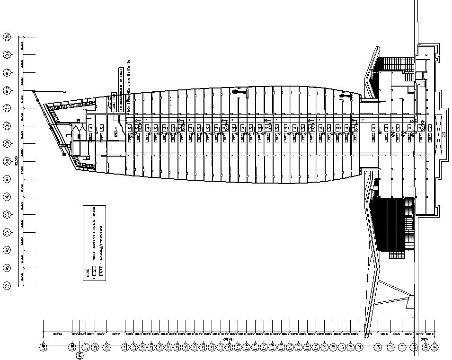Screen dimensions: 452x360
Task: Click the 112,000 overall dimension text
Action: (17, 161)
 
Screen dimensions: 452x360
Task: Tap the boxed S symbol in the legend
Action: (95, 270)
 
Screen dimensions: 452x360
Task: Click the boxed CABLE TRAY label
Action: (114, 101)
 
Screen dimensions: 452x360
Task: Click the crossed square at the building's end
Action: (443, 134)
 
